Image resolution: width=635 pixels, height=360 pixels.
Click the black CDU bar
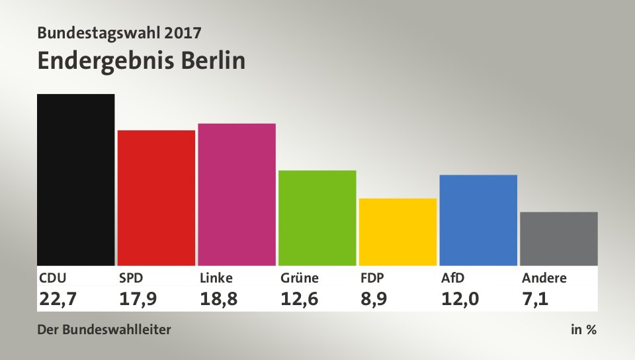pos(75,179)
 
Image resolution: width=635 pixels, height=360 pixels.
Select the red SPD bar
pos(156,198)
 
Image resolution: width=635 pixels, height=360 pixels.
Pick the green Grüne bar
pos(317,218)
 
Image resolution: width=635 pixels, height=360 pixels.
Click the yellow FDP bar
pos(398,232)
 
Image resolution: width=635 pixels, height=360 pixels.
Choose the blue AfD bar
pos(478,220)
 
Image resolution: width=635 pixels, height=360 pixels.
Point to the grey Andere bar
pos(559,238)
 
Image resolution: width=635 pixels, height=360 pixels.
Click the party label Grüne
pos(300,278)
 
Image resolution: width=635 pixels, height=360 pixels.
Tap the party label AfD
pos(453,278)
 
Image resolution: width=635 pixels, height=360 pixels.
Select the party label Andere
pos(544,278)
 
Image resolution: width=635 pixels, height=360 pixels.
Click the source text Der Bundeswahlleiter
pos(104,329)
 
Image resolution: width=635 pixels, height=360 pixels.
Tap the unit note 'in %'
pos(583,329)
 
